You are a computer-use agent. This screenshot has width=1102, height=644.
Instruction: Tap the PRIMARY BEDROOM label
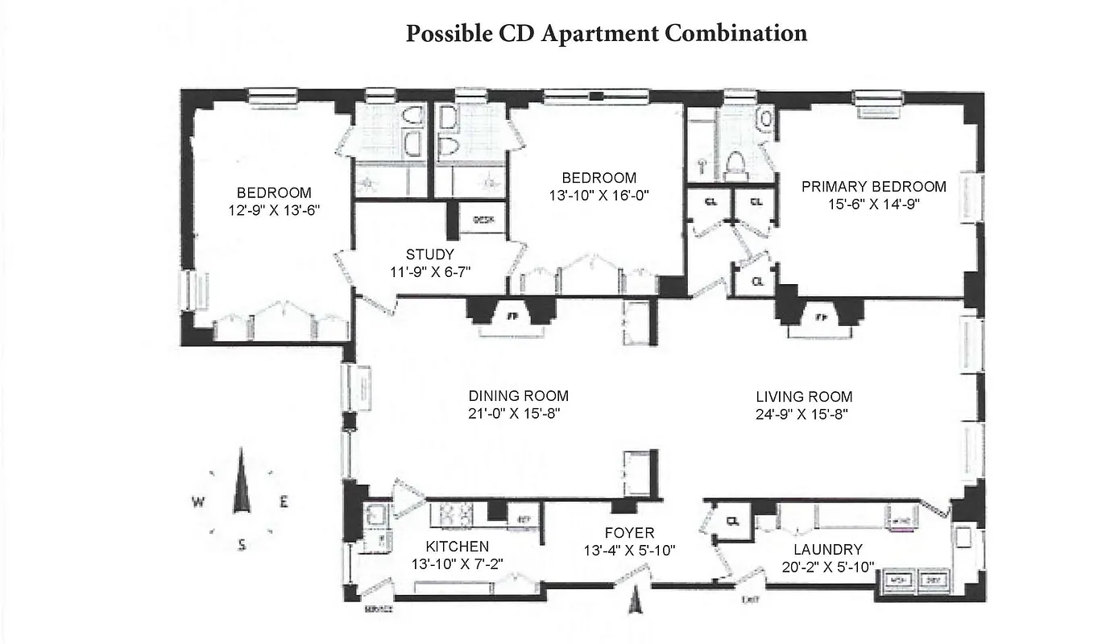pos(873,187)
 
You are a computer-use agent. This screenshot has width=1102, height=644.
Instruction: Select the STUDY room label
pos(429,255)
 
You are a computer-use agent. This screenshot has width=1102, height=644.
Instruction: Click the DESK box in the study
pos(483,219)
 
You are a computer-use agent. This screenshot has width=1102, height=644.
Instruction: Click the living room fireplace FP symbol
pos(820,317)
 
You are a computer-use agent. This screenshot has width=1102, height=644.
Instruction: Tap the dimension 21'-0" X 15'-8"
pos(518,414)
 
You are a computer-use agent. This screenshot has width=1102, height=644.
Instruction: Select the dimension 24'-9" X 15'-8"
pos(803,415)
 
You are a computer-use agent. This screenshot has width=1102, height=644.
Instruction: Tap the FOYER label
pos(629,533)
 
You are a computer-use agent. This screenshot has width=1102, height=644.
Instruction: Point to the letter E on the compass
pos(283,503)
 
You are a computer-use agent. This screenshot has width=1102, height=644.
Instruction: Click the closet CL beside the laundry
pos(732,520)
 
